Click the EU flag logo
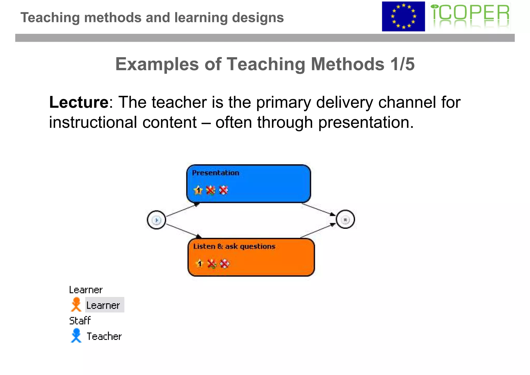[403, 16]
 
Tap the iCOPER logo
[470, 16]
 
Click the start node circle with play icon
[156, 220]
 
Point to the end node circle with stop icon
[345, 220]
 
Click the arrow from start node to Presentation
[182, 210]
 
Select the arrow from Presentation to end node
[318, 209]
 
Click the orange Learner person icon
[76, 305]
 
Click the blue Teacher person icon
[76, 336]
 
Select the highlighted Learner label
[103, 305]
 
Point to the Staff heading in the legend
[80, 321]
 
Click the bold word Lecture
[79, 102]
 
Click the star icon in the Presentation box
[198, 190]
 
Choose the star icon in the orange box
[199, 264]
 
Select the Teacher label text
[104, 336]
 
